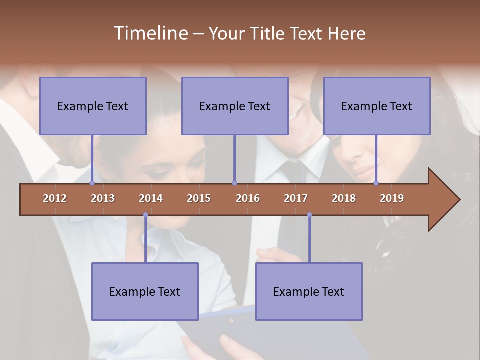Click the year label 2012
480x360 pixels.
tap(55, 198)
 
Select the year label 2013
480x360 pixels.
tap(103, 198)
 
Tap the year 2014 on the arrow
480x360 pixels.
tap(151, 198)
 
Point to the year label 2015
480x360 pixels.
tap(199, 198)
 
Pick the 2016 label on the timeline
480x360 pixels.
tap(248, 198)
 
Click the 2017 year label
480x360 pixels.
tap(296, 198)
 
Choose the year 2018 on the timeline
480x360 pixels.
tap(344, 198)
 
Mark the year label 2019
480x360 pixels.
tap(392, 198)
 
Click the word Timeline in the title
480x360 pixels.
tap(150, 33)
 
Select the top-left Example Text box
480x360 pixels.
tap(93, 106)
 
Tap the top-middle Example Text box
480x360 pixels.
tap(235, 106)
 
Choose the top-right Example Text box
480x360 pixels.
tap(377, 106)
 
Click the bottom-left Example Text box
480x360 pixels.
tap(145, 291)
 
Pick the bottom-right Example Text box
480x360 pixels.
tap(309, 291)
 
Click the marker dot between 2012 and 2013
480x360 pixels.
tap(92, 183)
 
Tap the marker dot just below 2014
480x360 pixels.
tap(145, 215)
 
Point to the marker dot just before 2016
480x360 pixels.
tap(234, 183)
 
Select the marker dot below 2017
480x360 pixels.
tap(309, 215)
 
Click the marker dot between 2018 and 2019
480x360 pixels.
tap(376, 183)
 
